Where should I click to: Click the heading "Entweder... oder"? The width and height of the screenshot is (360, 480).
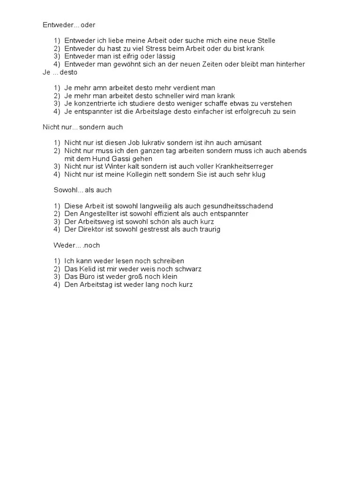tap(69, 25)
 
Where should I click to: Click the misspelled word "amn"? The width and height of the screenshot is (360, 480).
tap(98, 88)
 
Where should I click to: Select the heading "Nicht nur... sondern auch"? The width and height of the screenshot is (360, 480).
tap(82, 127)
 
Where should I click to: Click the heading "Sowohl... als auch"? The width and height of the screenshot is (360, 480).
tap(82, 190)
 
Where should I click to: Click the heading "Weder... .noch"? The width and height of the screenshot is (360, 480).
tap(76, 245)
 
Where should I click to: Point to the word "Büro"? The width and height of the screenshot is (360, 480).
tap(86, 277)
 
